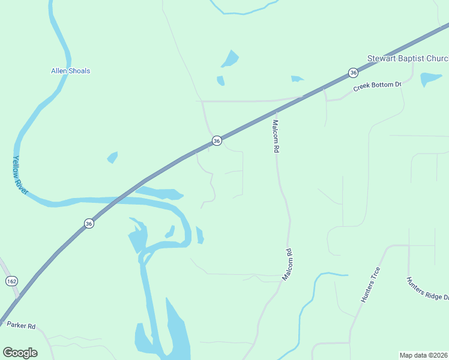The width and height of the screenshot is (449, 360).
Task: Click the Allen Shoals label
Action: (70, 71)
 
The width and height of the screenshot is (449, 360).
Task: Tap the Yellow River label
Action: (20, 175)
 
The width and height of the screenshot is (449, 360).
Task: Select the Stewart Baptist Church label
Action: (408, 59)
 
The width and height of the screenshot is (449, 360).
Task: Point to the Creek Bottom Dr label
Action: (377, 87)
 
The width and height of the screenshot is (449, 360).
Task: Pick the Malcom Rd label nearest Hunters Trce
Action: (287, 265)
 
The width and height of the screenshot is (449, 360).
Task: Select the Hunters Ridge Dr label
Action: (427, 289)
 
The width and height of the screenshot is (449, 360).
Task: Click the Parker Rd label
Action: (22, 326)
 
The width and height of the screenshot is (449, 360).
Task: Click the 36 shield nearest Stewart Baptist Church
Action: (353, 73)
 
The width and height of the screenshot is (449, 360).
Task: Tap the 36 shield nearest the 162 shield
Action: (89, 223)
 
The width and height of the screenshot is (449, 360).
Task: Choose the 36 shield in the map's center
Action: (217, 140)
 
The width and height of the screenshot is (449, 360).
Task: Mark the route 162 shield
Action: (11, 281)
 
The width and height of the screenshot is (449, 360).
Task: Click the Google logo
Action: (20, 352)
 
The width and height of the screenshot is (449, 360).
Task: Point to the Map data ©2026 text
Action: (423, 355)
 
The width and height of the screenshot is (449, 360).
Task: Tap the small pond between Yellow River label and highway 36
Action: (112, 157)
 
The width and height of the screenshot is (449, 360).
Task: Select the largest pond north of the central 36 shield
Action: (230, 59)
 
